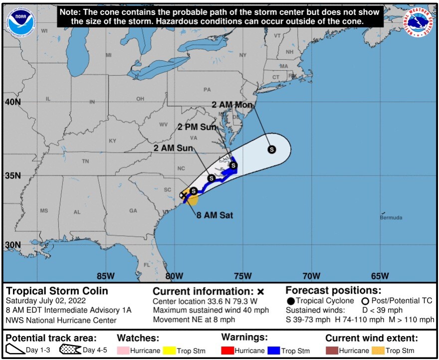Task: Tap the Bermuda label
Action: click(391, 218)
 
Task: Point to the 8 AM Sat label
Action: click(215, 215)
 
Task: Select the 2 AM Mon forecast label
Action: click(232, 105)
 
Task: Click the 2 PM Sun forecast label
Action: click(198, 127)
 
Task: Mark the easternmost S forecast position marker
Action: click(272, 149)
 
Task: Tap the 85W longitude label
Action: click(105, 276)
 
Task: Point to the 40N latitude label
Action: click(13, 102)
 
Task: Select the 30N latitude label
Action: click(13, 245)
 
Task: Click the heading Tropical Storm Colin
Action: click(56, 291)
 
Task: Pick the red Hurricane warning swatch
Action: click(228, 350)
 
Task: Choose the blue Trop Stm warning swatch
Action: click(273, 350)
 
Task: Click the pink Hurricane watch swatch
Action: click(123, 350)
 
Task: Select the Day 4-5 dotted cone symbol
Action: click(70, 350)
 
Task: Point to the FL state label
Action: click(147, 265)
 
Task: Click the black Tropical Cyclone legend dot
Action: click(290, 301)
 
